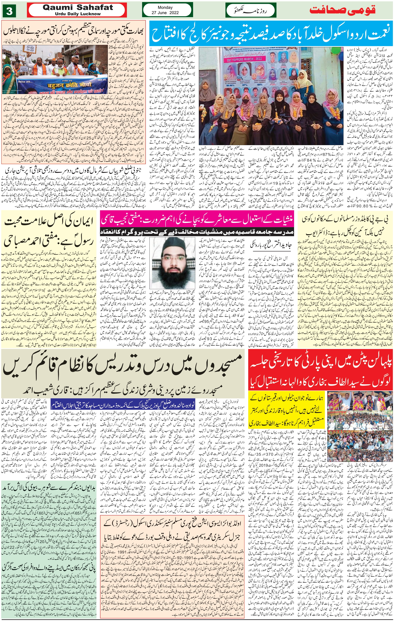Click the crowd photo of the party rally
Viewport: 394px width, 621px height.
pyautogui.click(x=360, y=428)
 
